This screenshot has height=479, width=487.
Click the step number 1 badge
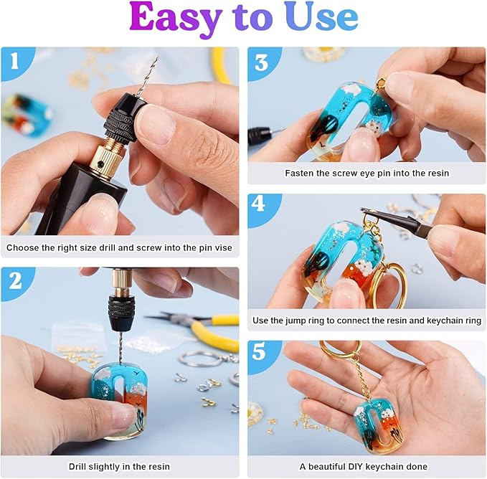(x=16, y=63)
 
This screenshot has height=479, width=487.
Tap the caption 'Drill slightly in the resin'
(x=120, y=467)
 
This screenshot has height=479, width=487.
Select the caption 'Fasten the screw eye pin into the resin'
(x=367, y=173)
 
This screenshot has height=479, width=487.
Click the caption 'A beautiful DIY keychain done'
(x=367, y=467)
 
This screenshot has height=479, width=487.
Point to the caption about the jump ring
(x=367, y=320)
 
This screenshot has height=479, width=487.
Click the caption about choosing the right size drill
(x=120, y=248)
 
